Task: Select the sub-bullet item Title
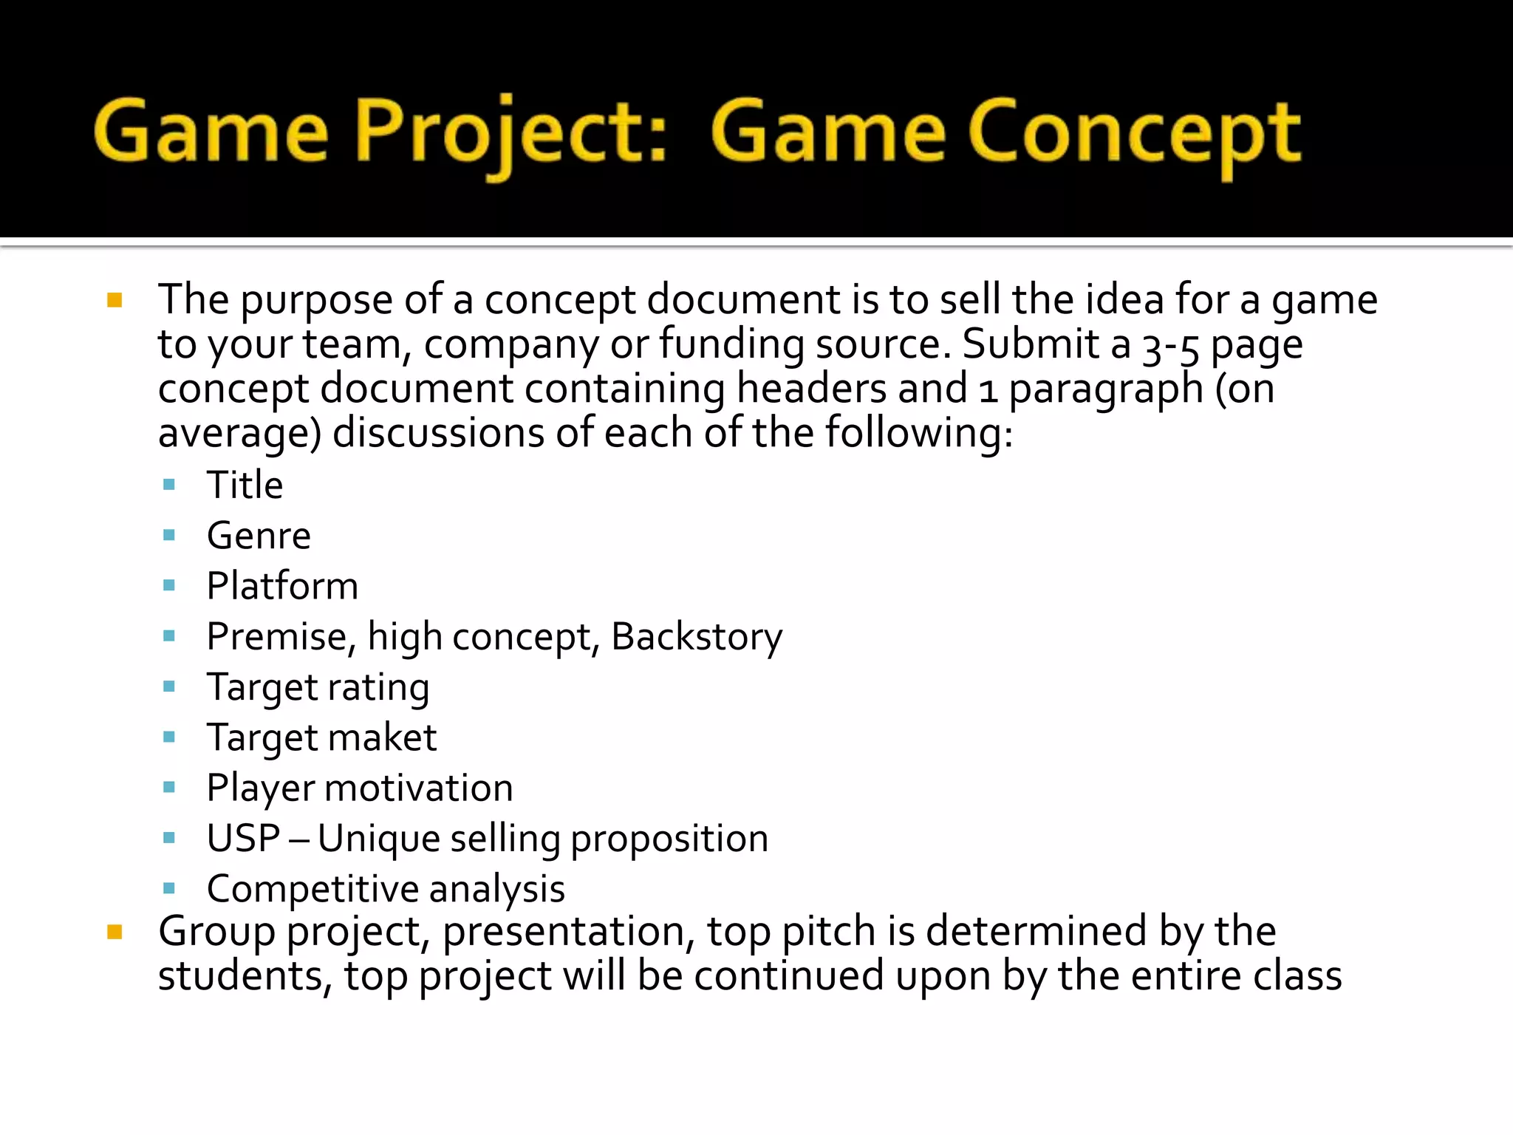245,485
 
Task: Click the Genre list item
259,536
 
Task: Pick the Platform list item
282,586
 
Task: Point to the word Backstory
697,637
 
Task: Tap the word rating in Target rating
378,688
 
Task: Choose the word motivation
419,788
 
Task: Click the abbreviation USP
243,839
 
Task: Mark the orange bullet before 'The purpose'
115,300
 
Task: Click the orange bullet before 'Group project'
115,932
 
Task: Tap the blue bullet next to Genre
169,535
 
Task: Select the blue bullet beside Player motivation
169,787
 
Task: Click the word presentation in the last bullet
569,932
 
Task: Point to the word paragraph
1106,389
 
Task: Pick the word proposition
669,839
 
